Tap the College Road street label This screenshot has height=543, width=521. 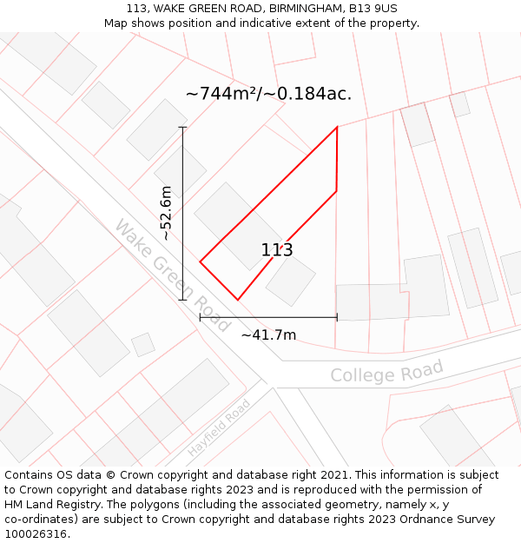click(x=386, y=372)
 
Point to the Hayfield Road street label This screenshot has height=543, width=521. click(x=219, y=428)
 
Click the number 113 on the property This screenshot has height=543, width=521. click(x=277, y=250)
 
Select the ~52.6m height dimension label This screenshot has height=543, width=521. click(x=166, y=213)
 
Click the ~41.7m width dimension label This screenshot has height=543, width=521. click(x=268, y=334)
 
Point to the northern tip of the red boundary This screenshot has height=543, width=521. click(x=337, y=128)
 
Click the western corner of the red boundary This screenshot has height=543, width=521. click(x=201, y=261)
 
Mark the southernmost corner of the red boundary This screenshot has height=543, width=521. click(x=237, y=300)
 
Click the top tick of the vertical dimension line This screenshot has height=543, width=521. click(x=182, y=128)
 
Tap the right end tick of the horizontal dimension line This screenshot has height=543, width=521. click(x=337, y=317)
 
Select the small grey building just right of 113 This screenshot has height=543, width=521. click(x=291, y=281)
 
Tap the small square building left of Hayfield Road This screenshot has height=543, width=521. click(x=143, y=345)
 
